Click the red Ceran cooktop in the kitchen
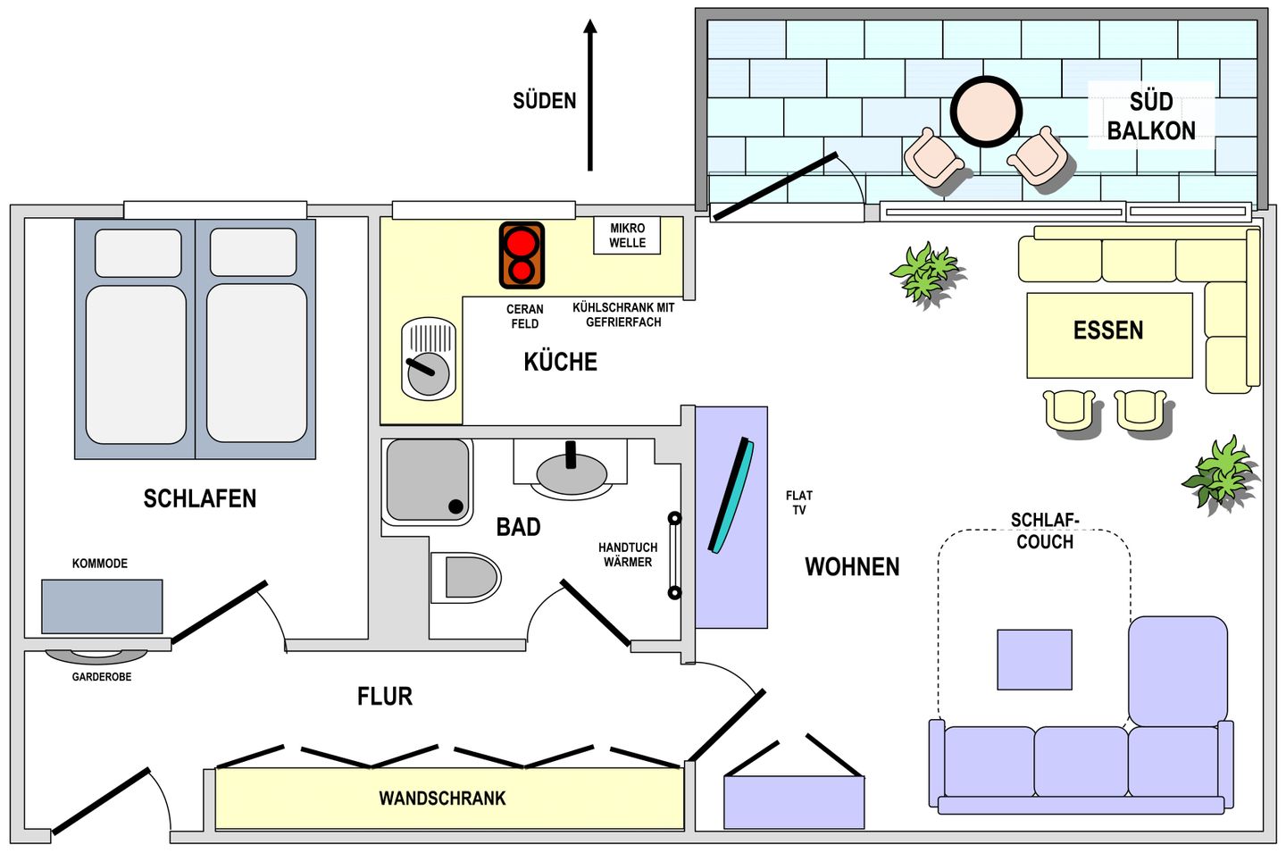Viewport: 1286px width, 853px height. click(522, 255)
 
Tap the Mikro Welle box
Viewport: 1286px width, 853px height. click(627, 235)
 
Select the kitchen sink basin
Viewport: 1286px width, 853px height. click(429, 359)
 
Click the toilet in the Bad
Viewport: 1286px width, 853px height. click(465, 578)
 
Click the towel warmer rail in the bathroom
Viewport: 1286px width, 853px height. click(674, 556)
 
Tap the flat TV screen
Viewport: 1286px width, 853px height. click(731, 495)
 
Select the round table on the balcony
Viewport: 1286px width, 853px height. click(986, 112)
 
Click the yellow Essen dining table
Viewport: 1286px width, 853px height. click(1109, 335)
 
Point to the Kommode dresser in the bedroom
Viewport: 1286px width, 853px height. click(102, 606)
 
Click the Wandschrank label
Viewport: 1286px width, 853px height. click(442, 799)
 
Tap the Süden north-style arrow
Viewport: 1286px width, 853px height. click(590, 96)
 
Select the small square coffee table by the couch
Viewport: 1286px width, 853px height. click(1034, 659)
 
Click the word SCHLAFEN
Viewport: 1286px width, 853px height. click(200, 498)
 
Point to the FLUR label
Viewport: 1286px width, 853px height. click(385, 697)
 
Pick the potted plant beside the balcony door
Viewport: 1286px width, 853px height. click(925, 274)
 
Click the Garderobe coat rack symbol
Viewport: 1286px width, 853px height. click(96, 656)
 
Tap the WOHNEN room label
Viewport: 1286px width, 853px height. click(852, 566)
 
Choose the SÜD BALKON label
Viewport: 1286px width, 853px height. click(1151, 116)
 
